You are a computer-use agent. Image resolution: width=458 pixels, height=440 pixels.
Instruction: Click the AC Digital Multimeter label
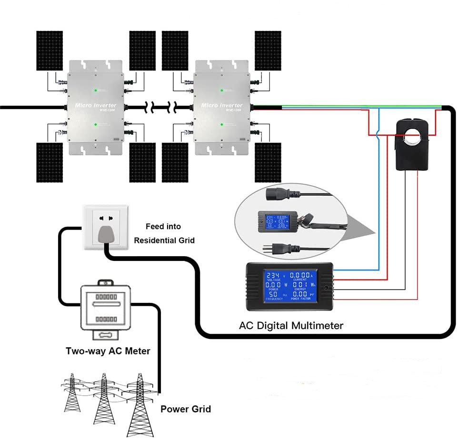[x=290, y=326]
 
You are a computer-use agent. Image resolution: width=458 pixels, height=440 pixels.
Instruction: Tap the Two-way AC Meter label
[x=108, y=351]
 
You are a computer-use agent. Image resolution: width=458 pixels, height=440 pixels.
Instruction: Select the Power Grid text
[x=185, y=409]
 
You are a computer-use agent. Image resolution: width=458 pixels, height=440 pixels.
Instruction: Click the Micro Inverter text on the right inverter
[x=222, y=105]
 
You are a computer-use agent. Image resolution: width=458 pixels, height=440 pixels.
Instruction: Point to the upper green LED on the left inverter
[x=96, y=90]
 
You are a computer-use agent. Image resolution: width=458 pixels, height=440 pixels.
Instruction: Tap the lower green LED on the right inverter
[x=221, y=125]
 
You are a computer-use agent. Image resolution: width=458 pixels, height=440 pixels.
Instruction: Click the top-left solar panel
[x=50, y=50]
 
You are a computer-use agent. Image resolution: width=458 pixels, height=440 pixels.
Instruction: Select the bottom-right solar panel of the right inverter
[x=268, y=162]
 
